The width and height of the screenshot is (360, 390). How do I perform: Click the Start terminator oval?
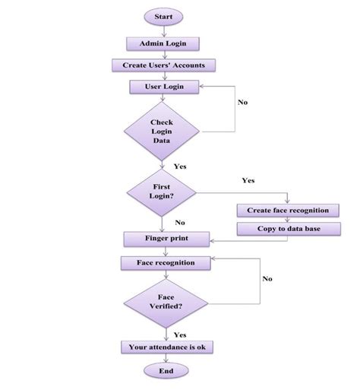tap(163, 16)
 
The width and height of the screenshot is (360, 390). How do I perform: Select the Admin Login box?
tap(163, 43)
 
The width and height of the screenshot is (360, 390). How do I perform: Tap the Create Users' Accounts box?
tap(163, 65)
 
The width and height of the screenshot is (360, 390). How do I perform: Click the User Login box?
tap(163, 87)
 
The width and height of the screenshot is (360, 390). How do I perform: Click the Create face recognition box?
tap(287, 210)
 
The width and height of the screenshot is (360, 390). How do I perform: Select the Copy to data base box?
tap(287, 228)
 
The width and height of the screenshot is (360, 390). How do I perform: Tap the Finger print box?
tap(166, 239)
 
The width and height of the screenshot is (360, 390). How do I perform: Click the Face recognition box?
tap(166, 262)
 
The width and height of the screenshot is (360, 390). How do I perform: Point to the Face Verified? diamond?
tap(165, 301)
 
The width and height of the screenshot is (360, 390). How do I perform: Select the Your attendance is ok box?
tap(166, 347)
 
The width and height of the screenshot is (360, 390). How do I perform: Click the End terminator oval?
tap(166, 371)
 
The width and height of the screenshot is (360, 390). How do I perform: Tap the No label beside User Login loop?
tap(243, 102)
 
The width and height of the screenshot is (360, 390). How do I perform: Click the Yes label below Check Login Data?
tap(181, 166)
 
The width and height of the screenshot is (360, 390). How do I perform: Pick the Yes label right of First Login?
tap(248, 180)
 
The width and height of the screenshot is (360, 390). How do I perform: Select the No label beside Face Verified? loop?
tap(267, 279)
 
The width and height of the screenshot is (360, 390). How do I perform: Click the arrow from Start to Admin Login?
tap(163, 30)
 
